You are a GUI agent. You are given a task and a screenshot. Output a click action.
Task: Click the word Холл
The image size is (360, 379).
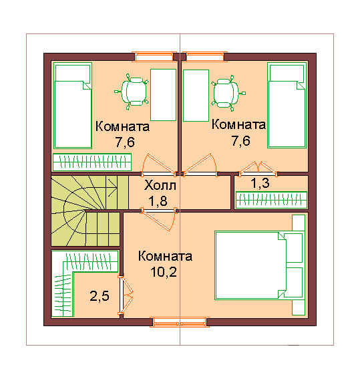[x=160, y=186]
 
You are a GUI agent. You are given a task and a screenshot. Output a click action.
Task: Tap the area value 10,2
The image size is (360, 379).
[x=164, y=272]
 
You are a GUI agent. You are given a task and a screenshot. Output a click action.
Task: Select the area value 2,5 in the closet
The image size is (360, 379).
[x=100, y=296]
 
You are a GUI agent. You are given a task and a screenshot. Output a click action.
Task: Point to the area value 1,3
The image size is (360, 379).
[x=260, y=183]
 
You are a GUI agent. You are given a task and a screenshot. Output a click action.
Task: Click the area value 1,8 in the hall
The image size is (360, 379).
[x=158, y=201]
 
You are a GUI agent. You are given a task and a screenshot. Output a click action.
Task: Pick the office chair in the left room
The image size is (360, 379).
[x=132, y=92]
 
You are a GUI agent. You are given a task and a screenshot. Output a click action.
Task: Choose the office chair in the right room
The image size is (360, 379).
[x=228, y=93]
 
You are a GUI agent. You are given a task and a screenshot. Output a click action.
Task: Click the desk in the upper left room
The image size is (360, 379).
[x=163, y=95]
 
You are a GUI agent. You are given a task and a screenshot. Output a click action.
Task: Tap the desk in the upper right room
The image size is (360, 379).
[x=196, y=96]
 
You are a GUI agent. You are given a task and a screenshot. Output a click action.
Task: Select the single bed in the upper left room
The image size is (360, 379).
[x=73, y=106]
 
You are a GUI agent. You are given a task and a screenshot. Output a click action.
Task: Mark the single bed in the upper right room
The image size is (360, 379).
[x=287, y=105]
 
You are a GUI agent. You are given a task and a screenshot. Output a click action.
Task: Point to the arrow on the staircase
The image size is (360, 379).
[x=112, y=187]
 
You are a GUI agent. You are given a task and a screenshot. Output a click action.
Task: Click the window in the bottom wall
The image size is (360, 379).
[x=180, y=322]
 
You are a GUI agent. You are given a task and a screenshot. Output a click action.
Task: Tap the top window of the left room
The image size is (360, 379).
[x=154, y=57]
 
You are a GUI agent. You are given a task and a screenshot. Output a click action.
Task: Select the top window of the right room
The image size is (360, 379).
[x=205, y=57]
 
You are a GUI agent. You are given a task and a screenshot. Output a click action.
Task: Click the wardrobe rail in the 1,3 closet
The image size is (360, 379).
[x=271, y=200]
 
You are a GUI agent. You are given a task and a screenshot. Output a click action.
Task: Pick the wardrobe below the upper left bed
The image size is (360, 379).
[x=92, y=162]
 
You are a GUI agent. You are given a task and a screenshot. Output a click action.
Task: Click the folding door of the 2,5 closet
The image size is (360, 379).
[x=126, y=295]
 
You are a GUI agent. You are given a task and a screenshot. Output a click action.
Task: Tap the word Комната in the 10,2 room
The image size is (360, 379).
[x=165, y=256]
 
